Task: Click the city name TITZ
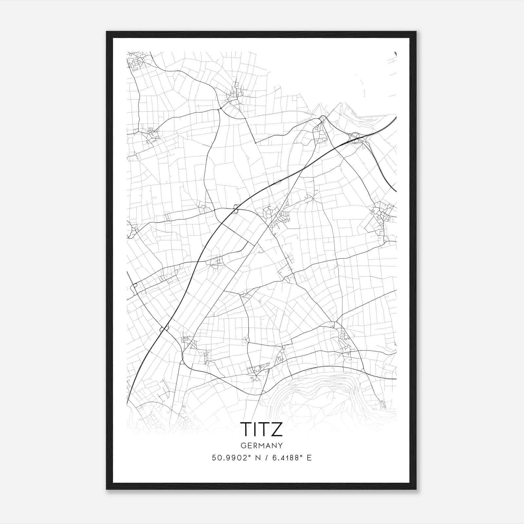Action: tap(261, 429)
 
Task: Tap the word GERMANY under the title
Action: tap(261, 446)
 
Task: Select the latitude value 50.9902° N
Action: tap(233, 458)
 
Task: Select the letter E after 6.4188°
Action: tap(309, 458)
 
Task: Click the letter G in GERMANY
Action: tap(243, 446)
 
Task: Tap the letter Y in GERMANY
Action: tap(281, 446)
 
